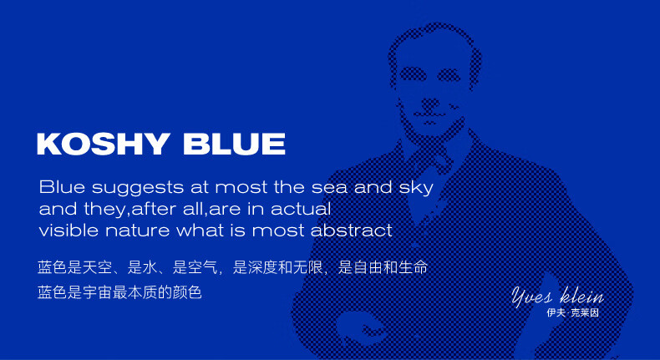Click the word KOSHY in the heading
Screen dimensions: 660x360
104,144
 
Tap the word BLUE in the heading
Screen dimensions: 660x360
235,144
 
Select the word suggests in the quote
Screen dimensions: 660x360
138,188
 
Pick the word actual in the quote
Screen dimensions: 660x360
301,209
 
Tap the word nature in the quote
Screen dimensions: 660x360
137,231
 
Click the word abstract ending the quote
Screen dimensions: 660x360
352,230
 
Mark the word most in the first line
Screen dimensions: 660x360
241,187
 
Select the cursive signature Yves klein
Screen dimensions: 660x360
558,296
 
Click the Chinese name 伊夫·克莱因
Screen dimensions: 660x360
572,313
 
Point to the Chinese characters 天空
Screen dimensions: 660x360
97,267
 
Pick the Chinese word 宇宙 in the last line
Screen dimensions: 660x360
97,292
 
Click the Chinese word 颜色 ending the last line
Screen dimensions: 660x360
187,292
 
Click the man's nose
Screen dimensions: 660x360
429,102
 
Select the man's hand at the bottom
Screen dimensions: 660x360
361,326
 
